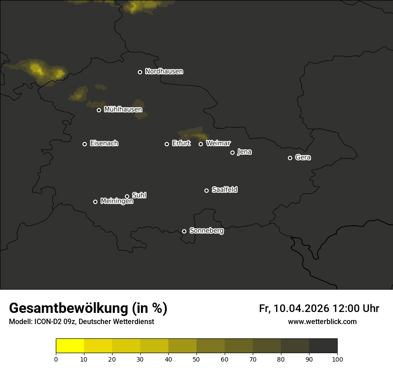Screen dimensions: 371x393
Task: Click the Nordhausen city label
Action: click(x=164, y=72)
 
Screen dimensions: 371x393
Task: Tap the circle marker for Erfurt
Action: click(x=167, y=144)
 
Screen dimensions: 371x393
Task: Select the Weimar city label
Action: click(x=218, y=143)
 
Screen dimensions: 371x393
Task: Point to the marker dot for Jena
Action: click(x=232, y=152)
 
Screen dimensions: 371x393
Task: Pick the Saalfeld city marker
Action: click(x=206, y=190)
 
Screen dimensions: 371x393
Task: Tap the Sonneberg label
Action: click(x=206, y=231)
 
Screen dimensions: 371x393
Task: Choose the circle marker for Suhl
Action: click(x=127, y=196)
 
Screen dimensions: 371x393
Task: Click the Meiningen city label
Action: click(x=117, y=201)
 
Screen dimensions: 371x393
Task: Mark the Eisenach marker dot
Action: click(x=84, y=144)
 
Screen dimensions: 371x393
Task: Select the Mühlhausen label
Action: click(x=123, y=110)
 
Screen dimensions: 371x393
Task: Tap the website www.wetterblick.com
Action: click(x=322, y=321)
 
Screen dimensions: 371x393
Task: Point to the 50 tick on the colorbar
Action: click(x=196, y=359)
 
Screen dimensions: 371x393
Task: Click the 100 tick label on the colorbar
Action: click(x=337, y=359)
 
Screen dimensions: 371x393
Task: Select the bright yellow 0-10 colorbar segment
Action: click(x=70, y=346)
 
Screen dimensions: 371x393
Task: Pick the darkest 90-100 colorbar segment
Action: click(x=323, y=346)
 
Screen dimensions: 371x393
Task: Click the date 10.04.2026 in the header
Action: click(x=301, y=308)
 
